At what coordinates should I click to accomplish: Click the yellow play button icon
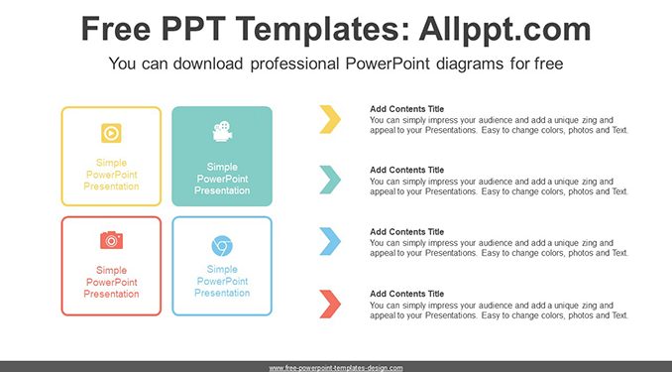click(x=111, y=133)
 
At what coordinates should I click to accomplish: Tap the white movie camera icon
click(x=222, y=131)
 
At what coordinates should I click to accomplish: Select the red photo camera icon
click(x=111, y=240)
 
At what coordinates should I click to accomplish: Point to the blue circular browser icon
click(x=222, y=246)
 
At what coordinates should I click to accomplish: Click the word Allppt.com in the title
click(x=504, y=29)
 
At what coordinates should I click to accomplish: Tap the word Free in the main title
click(x=116, y=29)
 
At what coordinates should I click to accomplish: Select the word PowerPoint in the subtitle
click(x=388, y=63)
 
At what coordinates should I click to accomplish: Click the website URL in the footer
click(x=336, y=368)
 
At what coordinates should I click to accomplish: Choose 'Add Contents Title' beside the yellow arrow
click(x=406, y=109)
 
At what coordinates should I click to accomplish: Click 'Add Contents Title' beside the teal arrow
click(x=406, y=170)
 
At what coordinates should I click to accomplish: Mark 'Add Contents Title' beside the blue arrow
click(x=406, y=232)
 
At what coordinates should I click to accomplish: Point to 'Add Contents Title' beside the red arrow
click(x=406, y=294)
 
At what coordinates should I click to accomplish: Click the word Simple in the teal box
click(x=222, y=168)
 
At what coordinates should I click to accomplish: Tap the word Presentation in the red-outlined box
click(x=111, y=294)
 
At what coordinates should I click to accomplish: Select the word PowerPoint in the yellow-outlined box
click(x=111, y=175)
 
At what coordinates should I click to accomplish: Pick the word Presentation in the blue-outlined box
click(x=222, y=293)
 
